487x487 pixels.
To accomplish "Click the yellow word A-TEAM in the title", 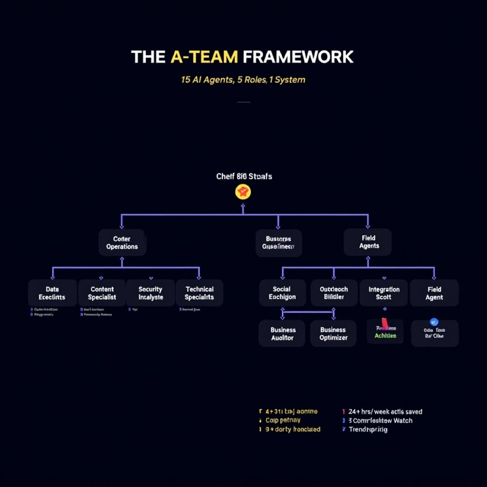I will [204, 57].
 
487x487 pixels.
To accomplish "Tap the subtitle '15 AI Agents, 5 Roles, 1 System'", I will [243, 80].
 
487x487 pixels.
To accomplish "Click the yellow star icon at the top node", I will [243, 192].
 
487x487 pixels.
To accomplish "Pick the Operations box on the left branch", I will [122, 243].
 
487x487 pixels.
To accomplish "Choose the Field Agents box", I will [368, 242].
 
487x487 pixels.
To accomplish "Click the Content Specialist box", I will [102, 293].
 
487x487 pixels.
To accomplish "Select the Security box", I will [151, 293].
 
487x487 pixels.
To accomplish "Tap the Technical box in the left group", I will [199, 293].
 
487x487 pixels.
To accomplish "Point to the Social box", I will [282, 293].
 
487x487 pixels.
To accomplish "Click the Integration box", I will [384, 293].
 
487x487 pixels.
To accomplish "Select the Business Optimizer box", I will [333, 334].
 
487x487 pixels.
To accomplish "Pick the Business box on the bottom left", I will [282, 334].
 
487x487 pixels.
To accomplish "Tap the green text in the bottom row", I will [385, 336].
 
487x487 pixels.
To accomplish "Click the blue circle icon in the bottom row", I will [434, 322].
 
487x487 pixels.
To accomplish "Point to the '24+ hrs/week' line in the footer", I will [385, 412].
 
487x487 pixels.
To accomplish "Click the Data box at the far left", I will [52, 293].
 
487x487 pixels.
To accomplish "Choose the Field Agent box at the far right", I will [434, 293].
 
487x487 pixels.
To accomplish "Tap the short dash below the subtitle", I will [243, 102].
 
